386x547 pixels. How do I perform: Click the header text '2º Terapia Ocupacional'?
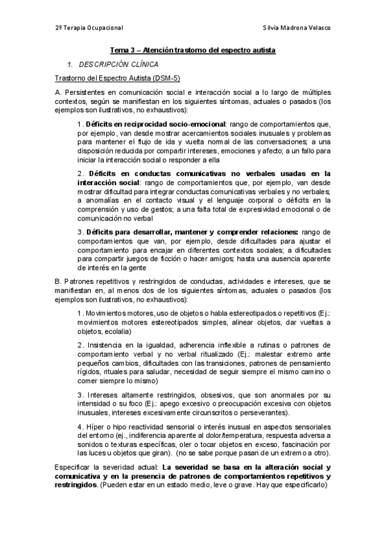click(89, 28)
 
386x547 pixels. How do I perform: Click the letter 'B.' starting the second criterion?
click(59, 282)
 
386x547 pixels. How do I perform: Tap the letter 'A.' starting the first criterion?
click(59, 93)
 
